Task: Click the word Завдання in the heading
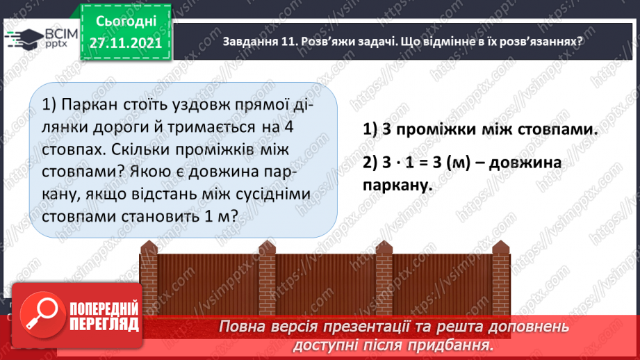(252, 41)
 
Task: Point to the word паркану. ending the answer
(397, 186)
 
